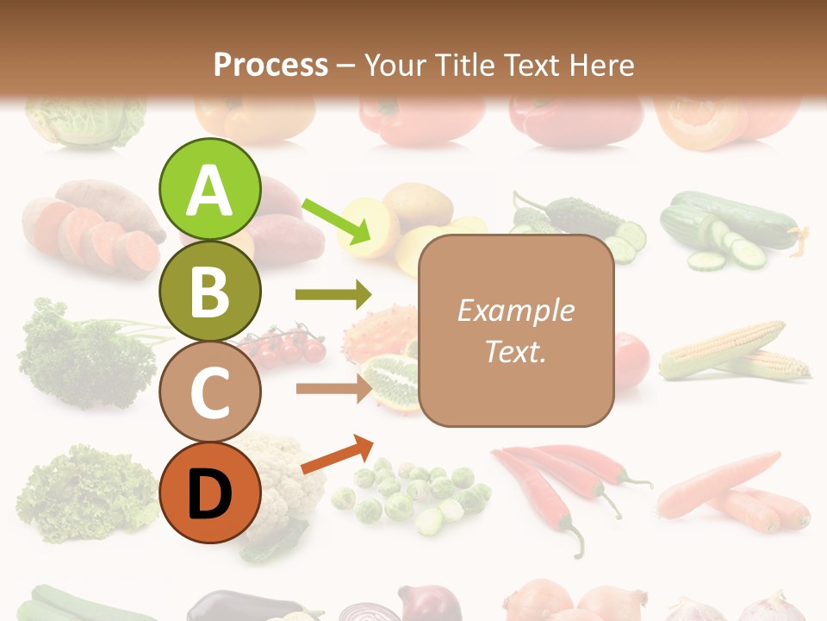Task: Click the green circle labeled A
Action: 209,190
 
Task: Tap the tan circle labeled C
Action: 209,392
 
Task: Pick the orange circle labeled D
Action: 209,493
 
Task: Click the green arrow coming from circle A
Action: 336,221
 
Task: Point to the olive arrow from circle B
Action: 333,295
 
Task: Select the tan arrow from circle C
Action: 333,388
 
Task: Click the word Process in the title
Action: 270,65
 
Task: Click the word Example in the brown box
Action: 515,310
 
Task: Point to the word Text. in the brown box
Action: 515,352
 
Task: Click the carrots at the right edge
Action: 732,496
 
